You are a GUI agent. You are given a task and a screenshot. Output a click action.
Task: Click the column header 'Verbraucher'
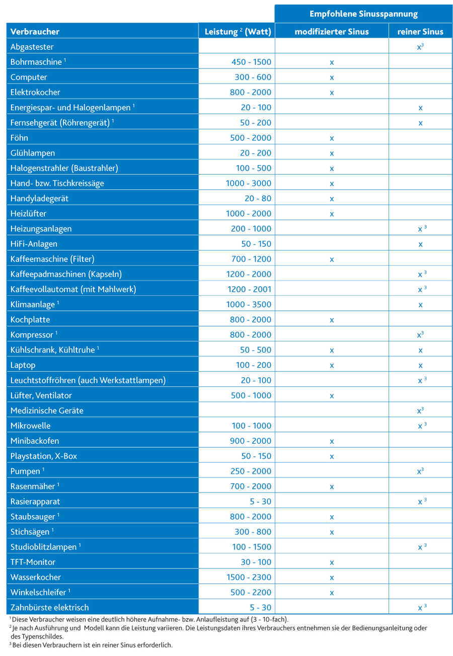(x=35, y=32)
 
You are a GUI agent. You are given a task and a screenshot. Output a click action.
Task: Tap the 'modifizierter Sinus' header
(x=332, y=32)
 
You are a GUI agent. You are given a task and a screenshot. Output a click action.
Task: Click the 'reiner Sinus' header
(x=420, y=32)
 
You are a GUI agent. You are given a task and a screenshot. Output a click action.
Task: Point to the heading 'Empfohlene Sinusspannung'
(x=363, y=14)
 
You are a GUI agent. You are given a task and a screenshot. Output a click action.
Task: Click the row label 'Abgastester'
(x=32, y=47)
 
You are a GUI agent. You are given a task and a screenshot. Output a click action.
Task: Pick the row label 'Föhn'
(x=19, y=138)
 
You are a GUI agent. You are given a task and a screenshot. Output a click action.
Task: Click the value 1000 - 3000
(x=249, y=183)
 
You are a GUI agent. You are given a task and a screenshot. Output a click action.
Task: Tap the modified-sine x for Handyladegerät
(x=332, y=199)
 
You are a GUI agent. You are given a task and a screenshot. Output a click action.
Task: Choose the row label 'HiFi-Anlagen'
(x=34, y=244)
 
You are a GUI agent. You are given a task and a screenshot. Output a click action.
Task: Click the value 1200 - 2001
(x=249, y=289)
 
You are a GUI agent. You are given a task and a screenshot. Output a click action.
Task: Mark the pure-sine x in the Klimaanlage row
(x=420, y=305)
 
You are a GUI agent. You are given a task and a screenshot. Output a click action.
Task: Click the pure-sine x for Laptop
(x=420, y=365)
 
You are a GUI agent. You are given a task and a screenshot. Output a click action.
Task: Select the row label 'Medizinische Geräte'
(x=47, y=411)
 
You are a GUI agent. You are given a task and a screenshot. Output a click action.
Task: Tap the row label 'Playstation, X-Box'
(x=43, y=456)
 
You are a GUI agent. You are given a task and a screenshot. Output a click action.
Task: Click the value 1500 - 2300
(x=249, y=577)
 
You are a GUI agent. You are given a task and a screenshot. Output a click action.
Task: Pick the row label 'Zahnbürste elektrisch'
(x=49, y=607)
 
